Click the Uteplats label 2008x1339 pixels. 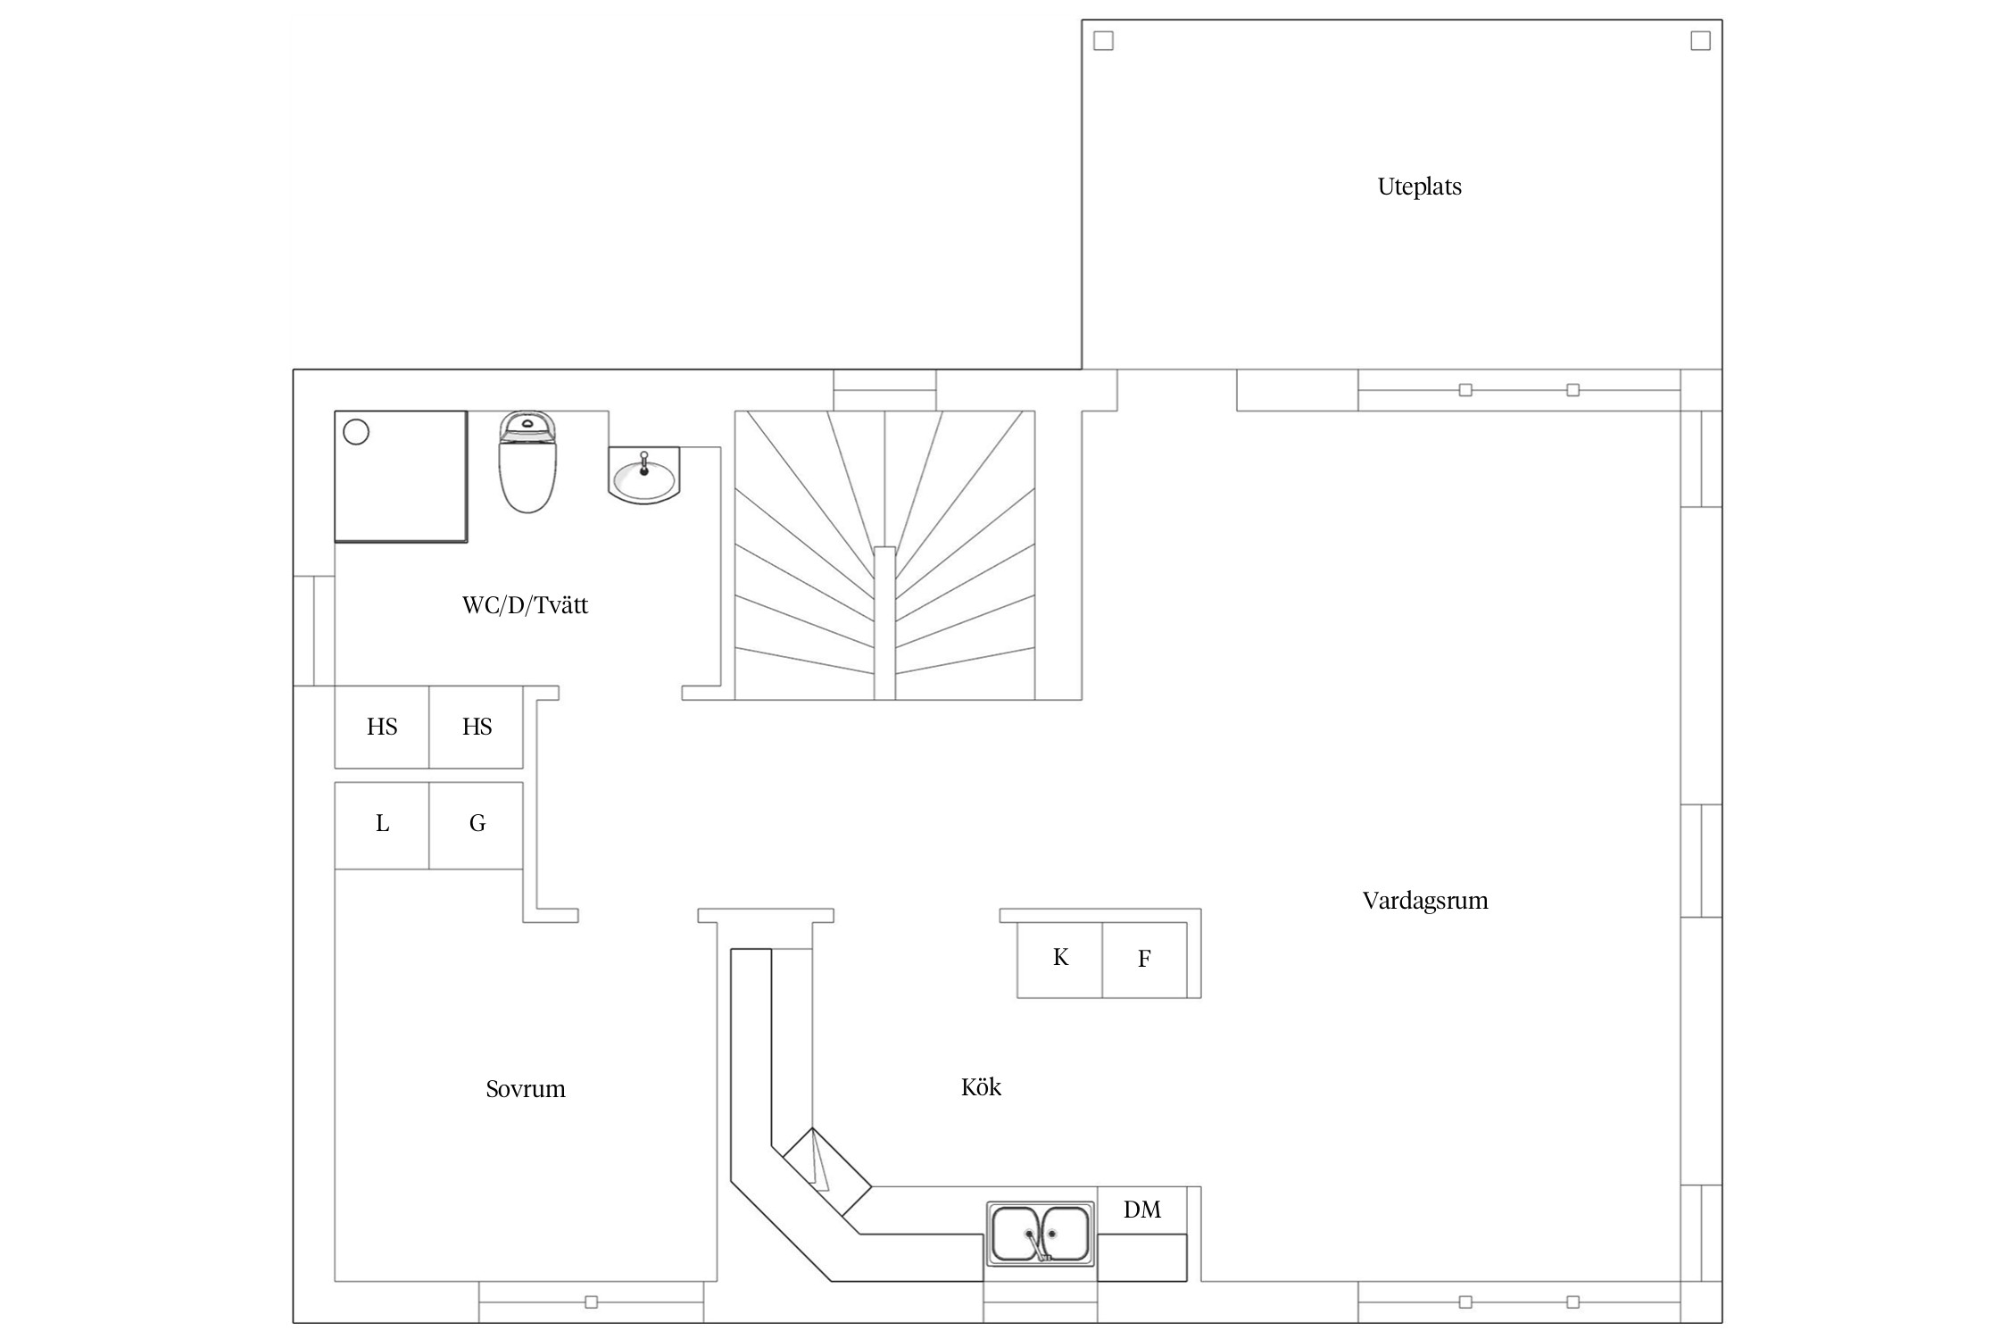coord(1419,187)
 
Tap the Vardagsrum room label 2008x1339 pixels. coord(1425,901)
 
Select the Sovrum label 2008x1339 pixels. coord(526,1089)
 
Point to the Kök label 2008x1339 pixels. coord(981,1086)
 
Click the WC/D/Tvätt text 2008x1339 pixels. coord(525,605)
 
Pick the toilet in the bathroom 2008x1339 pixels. coord(527,462)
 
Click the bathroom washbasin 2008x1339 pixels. coord(643,475)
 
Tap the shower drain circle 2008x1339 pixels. coord(356,433)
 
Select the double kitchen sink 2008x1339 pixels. coord(1041,1233)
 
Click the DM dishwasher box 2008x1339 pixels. coord(1142,1210)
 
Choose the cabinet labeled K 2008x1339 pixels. coord(1060,960)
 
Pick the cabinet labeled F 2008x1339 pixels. coord(1145,960)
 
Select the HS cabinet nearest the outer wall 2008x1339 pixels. coord(382,728)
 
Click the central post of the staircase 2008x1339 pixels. coord(884,623)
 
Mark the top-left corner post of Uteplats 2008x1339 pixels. coord(1104,41)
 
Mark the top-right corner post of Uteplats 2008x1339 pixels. coord(1701,41)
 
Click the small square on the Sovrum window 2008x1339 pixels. coord(591,1302)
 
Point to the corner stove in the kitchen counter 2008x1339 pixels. coord(826,1172)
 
